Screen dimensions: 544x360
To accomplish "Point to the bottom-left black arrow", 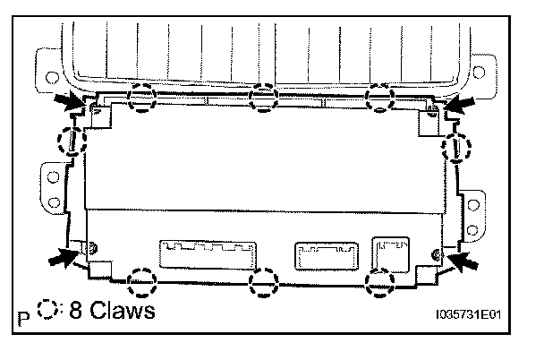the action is click(x=65, y=257).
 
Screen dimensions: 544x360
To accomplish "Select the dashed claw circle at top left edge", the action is click(x=142, y=97).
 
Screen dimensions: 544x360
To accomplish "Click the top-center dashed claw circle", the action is click(x=264, y=97).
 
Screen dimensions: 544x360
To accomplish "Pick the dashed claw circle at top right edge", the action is click(x=382, y=97).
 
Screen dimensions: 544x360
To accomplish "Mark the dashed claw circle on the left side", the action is click(x=72, y=141).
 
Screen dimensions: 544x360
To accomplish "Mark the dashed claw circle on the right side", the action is click(x=457, y=146).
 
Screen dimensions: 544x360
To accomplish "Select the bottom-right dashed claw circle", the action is click(x=382, y=282).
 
